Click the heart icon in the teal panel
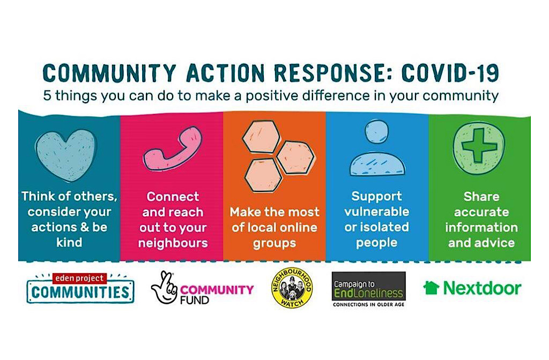point(66,155)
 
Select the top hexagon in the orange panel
point(261,137)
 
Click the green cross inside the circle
point(479,145)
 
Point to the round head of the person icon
point(377,132)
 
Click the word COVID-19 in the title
point(450,73)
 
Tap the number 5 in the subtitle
point(47,95)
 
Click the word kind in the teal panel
point(69,242)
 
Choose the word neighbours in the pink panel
point(173,243)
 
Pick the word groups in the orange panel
point(274,243)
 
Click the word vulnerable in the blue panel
point(377,211)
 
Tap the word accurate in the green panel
point(481,212)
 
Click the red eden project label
point(79,278)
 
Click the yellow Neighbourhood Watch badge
point(292,288)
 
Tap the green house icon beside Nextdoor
point(431,288)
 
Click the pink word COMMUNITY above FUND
point(217,290)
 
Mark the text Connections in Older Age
point(369,304)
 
